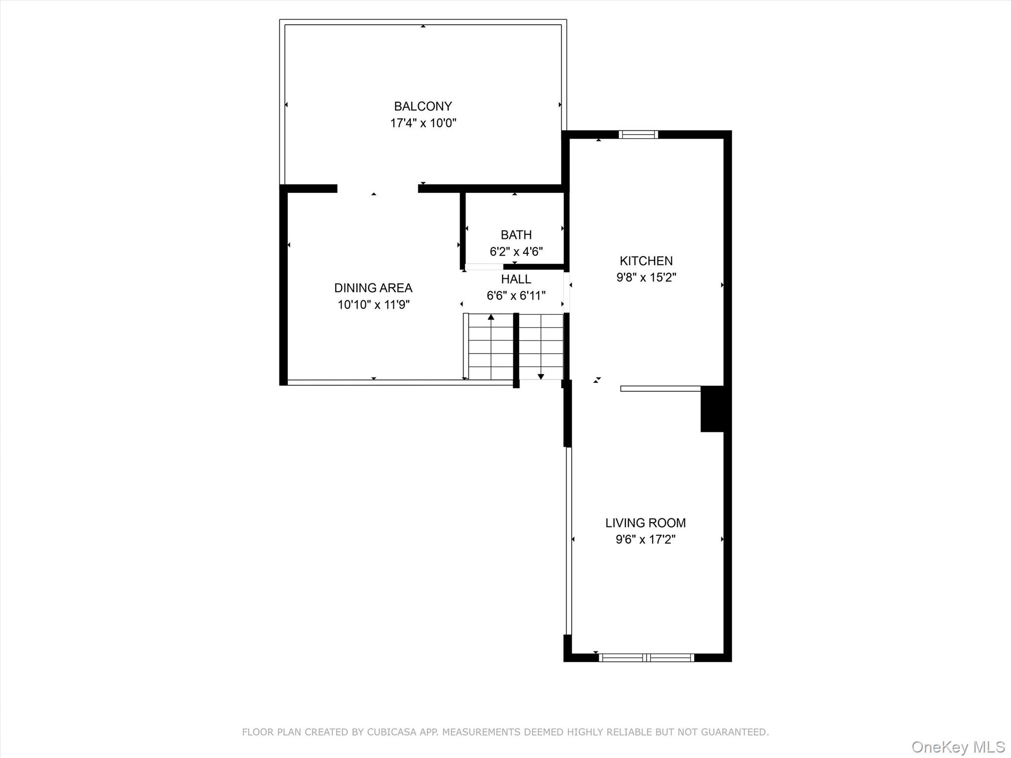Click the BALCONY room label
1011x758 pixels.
423,106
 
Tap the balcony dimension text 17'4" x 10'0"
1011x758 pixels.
423,123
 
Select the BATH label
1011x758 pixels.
516,235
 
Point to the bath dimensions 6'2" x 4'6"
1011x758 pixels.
516,252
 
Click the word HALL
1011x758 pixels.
516,279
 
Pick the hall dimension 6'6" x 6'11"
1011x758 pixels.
516,296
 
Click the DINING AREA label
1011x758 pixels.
373,288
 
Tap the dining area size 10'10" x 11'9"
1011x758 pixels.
373,304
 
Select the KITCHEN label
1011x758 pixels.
646,261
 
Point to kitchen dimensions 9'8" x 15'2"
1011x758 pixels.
646,277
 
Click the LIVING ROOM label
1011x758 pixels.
645,523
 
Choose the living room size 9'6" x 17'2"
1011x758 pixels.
645,539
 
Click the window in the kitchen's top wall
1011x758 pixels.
638,134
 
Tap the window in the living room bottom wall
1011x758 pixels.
646,657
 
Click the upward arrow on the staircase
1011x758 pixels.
491,317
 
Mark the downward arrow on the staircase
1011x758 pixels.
541,376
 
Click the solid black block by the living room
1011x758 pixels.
712,409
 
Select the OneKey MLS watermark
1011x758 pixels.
958,747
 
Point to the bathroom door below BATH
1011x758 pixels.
484,267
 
